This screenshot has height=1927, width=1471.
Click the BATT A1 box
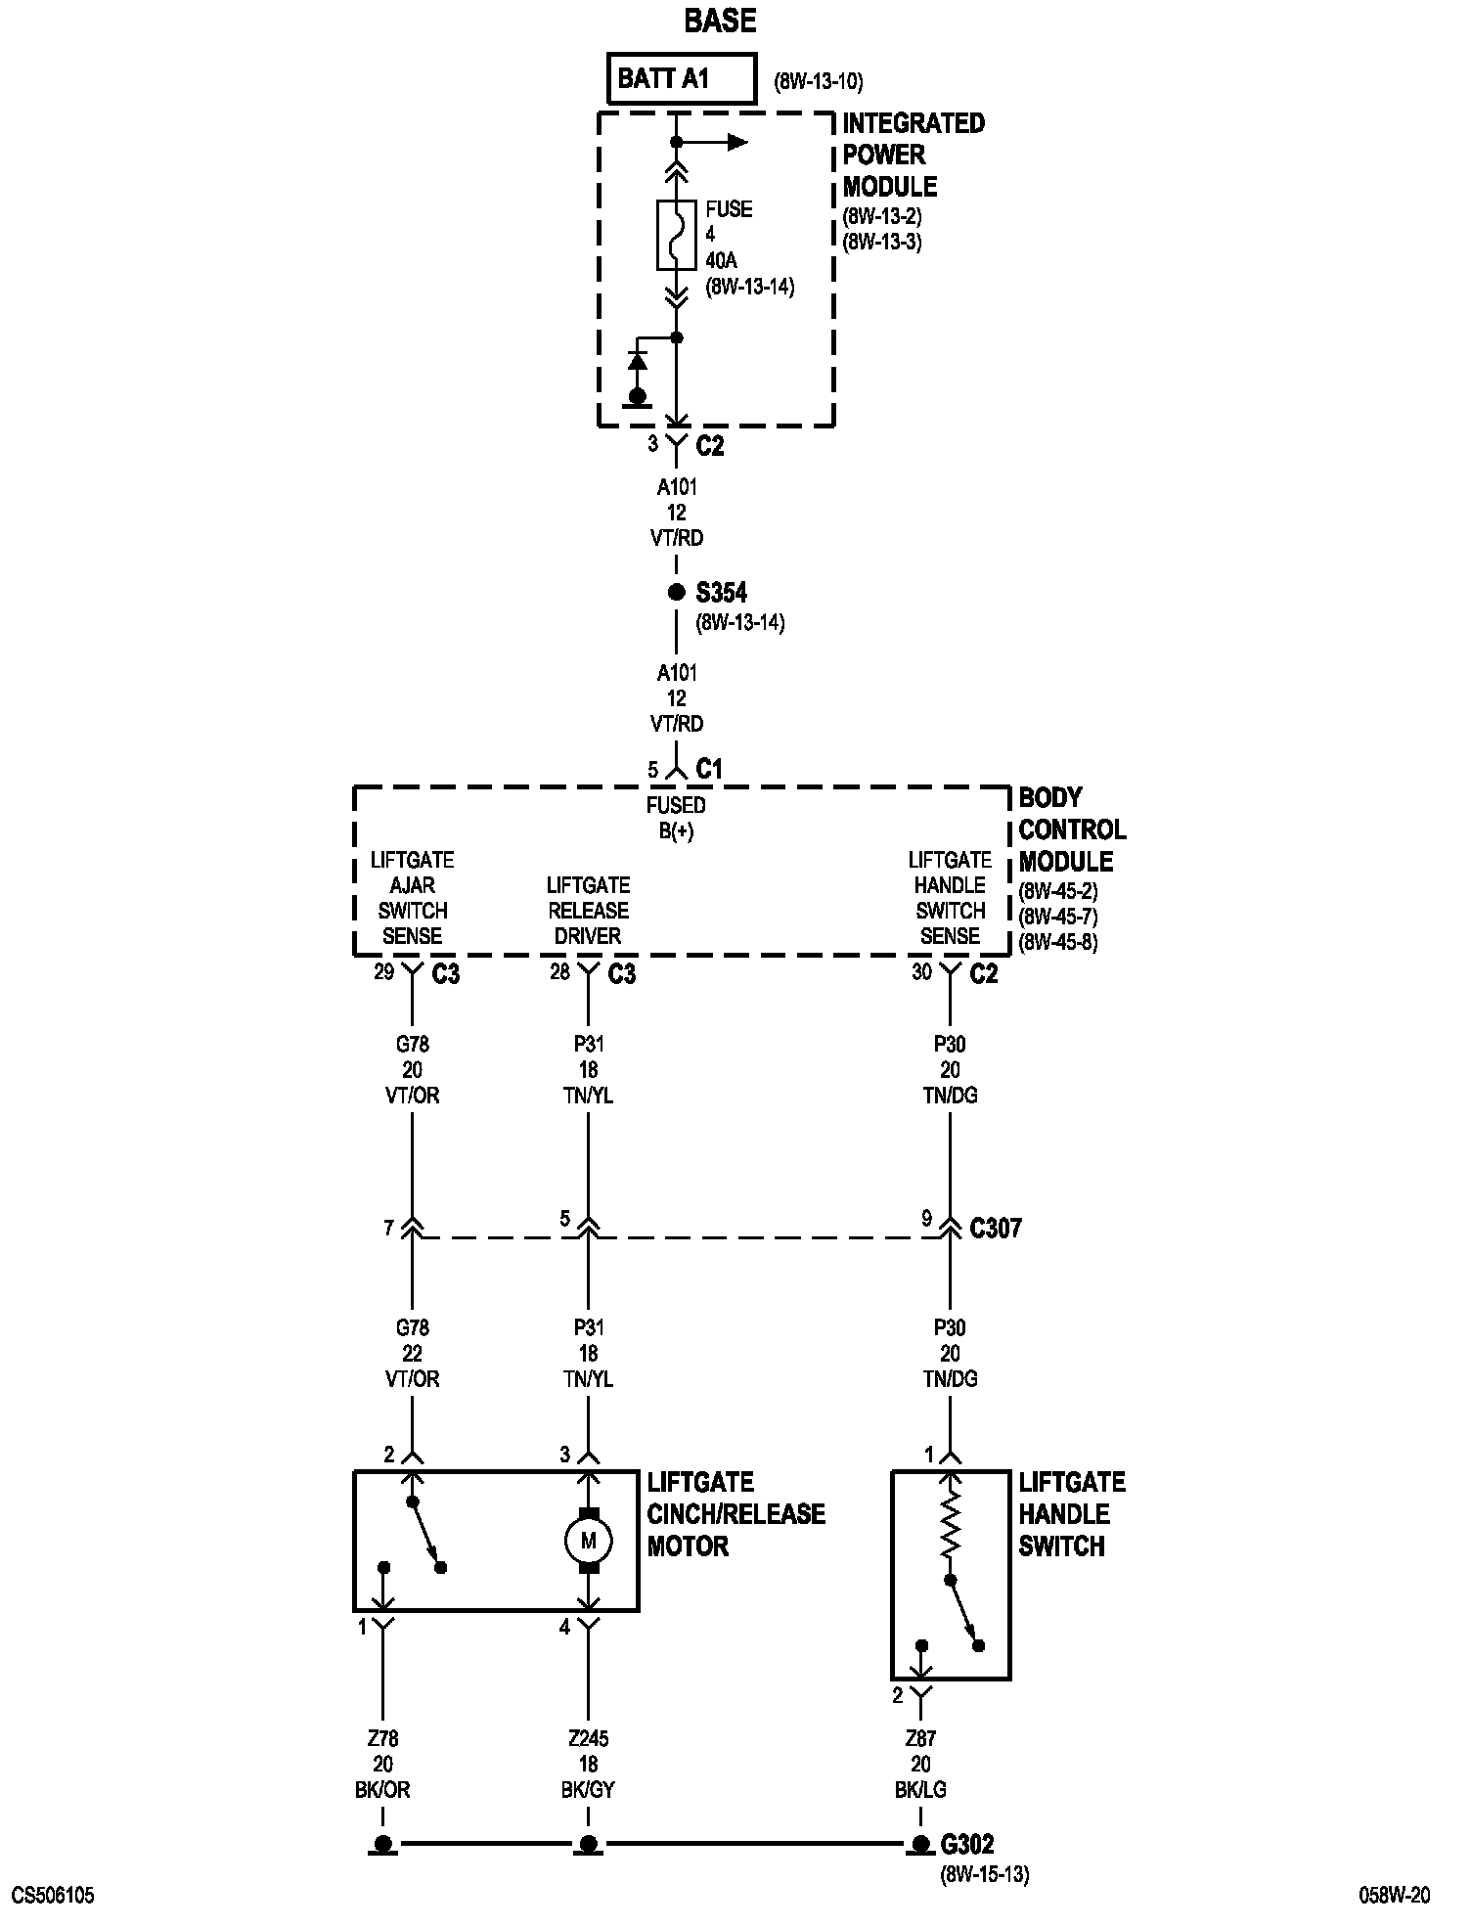coord(683,78)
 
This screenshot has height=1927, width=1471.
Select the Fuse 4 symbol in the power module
coord(676,235)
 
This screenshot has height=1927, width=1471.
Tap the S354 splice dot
coord(676,592)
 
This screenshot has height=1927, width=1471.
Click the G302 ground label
coord(966,1845)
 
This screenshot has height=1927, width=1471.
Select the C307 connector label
coord(995,1228)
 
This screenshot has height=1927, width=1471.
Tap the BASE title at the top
coord(720,21)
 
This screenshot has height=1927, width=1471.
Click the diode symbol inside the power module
coord(638,362)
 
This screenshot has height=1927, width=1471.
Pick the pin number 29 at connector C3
coord(383,971)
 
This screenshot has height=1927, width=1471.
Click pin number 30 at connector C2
coord(921,971)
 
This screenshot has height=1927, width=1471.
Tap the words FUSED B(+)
coord(676,818)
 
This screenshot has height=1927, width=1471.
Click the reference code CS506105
coord(53,1896)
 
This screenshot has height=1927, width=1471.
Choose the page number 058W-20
coord(1394,1896)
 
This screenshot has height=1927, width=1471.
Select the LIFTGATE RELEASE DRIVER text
coord(588,911)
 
